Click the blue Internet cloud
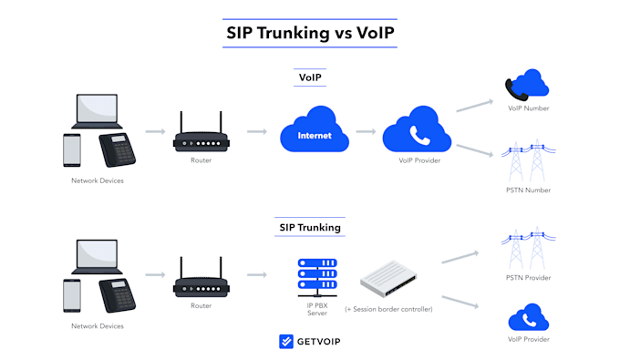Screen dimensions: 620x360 click(x=315, y=129)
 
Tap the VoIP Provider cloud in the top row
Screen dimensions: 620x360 click(x=417, y=129)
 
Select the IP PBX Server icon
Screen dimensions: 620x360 click(x=317, y=277)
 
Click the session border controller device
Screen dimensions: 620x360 click(x=388, y=279)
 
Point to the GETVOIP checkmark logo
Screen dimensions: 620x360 click(x=286, y=342)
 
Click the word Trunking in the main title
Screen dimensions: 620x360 click(x=294, y=33)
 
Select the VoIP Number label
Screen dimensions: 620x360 click(x=528, y=108)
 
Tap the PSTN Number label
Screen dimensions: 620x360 click(x=528, y=190)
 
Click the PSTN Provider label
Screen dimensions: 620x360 click(x=528, y=278)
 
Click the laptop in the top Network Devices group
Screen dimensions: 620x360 click(x=97, y=111)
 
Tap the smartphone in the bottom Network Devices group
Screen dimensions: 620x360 click(x=72, y=295)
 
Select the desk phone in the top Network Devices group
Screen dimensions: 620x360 click(x=117, y=149)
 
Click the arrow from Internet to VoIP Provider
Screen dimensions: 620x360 click(x=366, y=131)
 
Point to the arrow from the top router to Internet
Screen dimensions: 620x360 click(x=257, y=131)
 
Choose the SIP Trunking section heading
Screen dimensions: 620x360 click(x=310, y=228)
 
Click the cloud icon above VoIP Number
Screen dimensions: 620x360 click(x=527, y=85)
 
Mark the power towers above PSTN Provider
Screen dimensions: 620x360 click(x=528, y=248)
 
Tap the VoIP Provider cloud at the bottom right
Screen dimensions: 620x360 click(x=529, y=317)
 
